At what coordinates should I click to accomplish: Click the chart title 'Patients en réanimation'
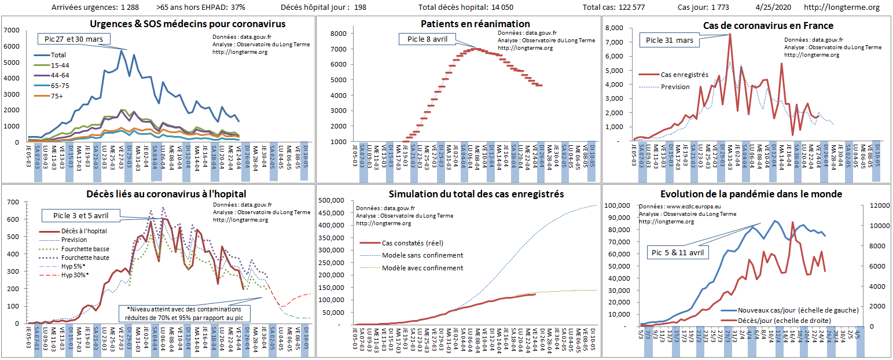475,24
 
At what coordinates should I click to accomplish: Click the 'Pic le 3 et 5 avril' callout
80,216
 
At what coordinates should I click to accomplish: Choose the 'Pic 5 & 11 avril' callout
678,252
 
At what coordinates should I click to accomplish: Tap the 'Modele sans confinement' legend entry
422,255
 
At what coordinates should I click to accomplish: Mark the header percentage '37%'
237,8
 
